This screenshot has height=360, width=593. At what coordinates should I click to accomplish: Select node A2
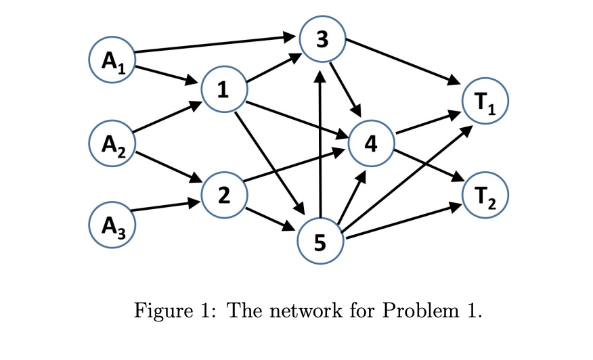(112, 141)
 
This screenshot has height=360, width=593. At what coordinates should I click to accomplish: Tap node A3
(112, 222)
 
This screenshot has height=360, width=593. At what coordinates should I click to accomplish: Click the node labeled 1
(223, 88)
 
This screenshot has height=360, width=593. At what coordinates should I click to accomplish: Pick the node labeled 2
(223, 195)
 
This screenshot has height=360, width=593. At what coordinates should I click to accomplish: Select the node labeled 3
(323, 40)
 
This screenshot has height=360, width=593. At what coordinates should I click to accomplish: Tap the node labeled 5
(321, 240)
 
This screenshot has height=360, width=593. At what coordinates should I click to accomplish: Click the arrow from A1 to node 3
(217, 43)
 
